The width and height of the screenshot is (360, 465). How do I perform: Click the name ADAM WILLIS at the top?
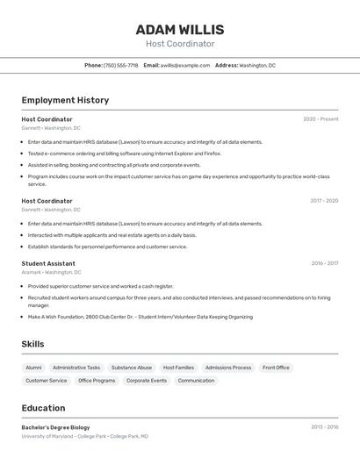pyautogui.click(x=180, y=30)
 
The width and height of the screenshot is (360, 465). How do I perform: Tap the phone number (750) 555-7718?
pyautogui.click(x=120, y=65)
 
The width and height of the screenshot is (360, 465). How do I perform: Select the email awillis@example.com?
pyautogui.click(x=184, y=65)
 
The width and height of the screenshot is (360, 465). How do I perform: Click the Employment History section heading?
pyautogui.click(x=65, y=100)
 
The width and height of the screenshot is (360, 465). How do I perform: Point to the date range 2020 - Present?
pyautogui.click(x=320, y=119)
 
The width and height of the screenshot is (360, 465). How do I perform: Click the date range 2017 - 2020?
pyautogui.click(x=324, y=201)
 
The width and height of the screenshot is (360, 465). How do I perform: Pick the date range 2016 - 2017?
pyautogui.click(x=324, y=263)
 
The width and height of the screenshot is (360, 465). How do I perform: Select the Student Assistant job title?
pyautogui.click(x=48, y=263)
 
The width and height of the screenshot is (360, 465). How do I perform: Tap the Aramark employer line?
pyautogui.click(x=51, y=272)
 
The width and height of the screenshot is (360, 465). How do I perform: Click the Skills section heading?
pyautogui.click(x=32, y=344)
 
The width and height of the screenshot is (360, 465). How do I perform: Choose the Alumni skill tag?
pyautogui.click(x=33, y=368)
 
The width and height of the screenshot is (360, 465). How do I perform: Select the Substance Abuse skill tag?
pyautogui.click(x=132, y=368)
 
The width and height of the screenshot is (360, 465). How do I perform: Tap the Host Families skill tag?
pyautogui.click(x=178, y=368)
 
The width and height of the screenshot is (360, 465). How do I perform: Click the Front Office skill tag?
pyautogui.click(x=276, y=368)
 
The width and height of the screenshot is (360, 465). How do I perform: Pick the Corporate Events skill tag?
pyautogui.click(x=147, y=381)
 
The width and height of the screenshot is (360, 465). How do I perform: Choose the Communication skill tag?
pyautogui.click(x=196, y=381)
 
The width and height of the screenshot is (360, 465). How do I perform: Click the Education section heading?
pyautogui.click(x=43, y=408)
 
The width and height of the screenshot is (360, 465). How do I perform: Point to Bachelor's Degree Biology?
pyautogui.click(x=55, y=427)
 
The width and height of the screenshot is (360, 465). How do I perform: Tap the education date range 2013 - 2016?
pyautogui.click(x=324, y=427)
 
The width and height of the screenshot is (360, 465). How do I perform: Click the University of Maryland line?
pyautogui.click(x=84, y=436)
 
